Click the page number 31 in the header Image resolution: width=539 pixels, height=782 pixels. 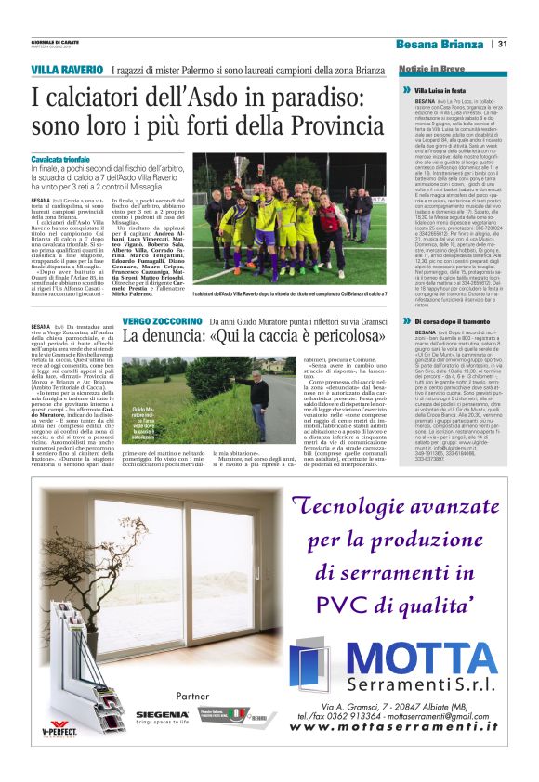[x=503, y=44]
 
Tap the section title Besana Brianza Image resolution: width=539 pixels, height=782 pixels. [x=439, y=45]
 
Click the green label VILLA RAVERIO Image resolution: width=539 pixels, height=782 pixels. [x=67, y=71]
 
